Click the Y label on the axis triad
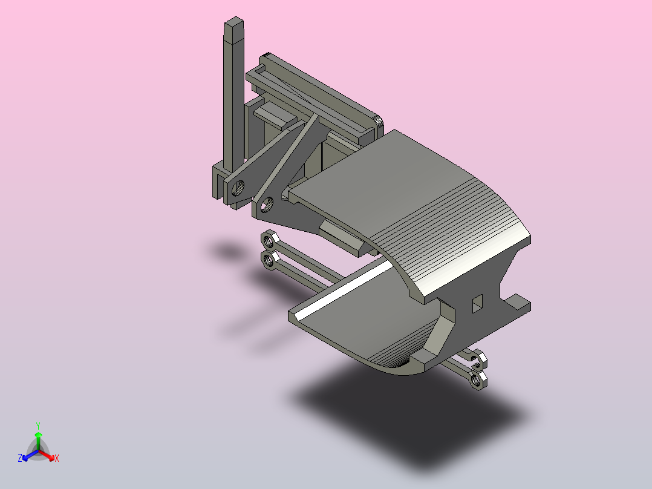pyautogui.click(x=38, y=425)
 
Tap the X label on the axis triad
pyautogui.click(x=57, y=458)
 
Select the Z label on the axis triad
pyautogui.click(x=20, y=458)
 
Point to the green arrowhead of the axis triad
pyautogui.click(x=38, y=435)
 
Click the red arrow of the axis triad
pyautogui.click(x=47, y=455)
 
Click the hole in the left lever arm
pyautogui.click(x=239, y=188)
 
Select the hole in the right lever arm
pyautogui.click(x=266, y=205)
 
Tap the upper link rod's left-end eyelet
pyautogui.click(x=269, y=240)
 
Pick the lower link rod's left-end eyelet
pyautogui.click(x=269, y=260)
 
